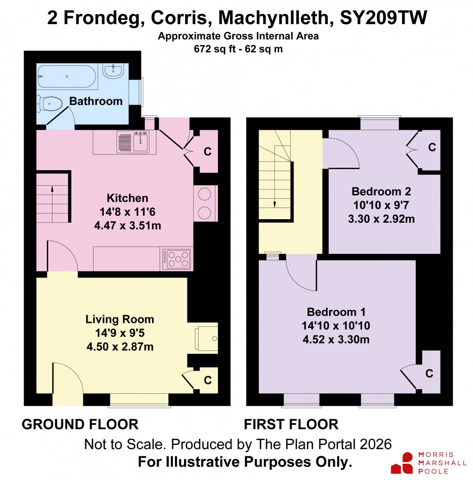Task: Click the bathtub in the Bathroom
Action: [68, 76]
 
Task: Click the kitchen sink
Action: [140, 141]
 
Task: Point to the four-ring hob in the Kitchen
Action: [178, 259]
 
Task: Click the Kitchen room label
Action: [128, 198]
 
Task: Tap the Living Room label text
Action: [120, 319]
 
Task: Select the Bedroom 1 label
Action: [337, 311]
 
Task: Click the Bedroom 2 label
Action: [381, 191]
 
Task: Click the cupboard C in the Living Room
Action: [208, 380]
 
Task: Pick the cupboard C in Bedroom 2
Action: [431, 147]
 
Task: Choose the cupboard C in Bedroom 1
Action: [430, 373]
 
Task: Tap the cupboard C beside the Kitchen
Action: [208, 151]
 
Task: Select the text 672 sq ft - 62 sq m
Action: [238, 49]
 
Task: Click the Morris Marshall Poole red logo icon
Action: [402, 462]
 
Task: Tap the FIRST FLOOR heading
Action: [291, 424]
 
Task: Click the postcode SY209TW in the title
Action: [384, 18]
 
